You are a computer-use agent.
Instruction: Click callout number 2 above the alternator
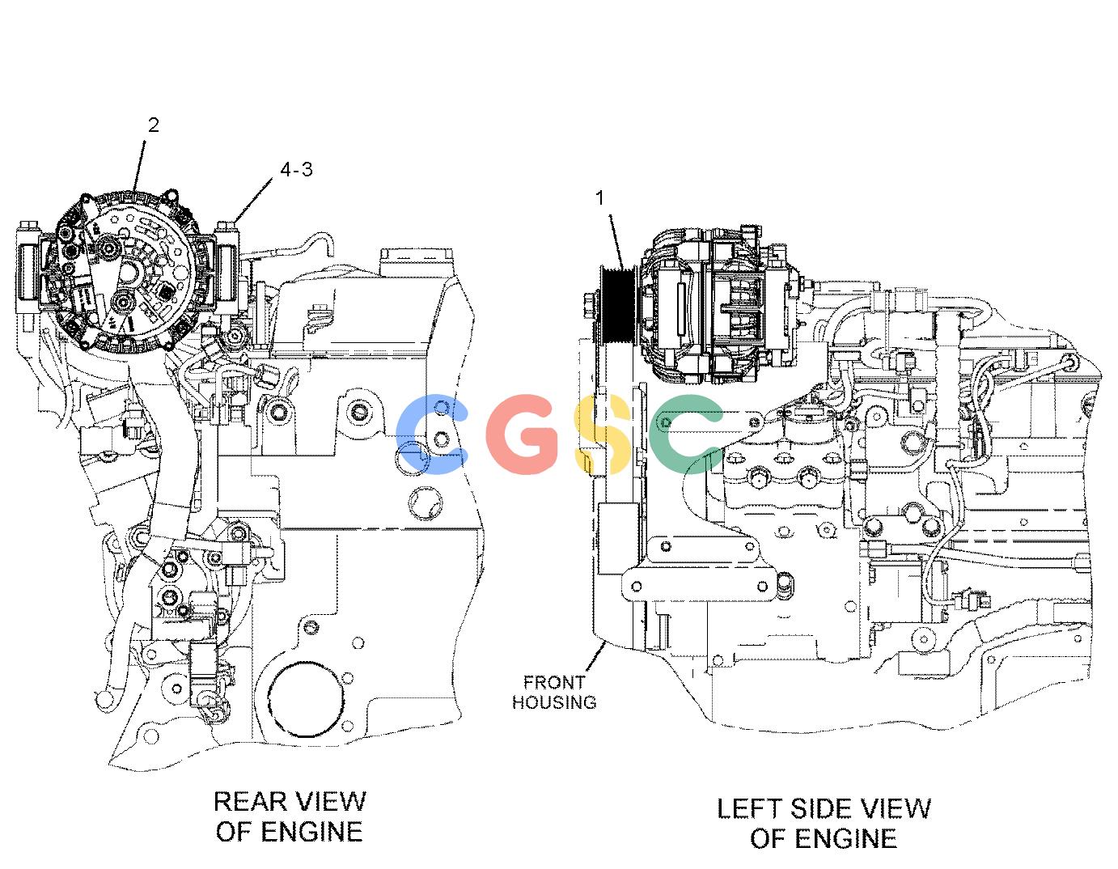coord(154,125)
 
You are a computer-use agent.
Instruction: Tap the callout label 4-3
coord(296,169)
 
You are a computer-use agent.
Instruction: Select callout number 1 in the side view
coord(600,197)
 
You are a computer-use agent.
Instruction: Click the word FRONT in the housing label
coord(554,682)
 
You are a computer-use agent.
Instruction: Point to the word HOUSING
coord(554,702)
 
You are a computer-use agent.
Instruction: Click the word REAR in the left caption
coord(250,802)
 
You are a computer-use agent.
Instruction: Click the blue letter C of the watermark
coord(431,433)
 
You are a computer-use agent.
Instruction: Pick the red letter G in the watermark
coord(523,433)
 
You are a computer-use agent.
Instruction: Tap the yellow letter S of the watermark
coord(603,433)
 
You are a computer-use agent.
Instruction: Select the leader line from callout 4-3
coord(254,200)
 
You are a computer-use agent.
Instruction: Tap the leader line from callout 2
coord(139,166)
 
